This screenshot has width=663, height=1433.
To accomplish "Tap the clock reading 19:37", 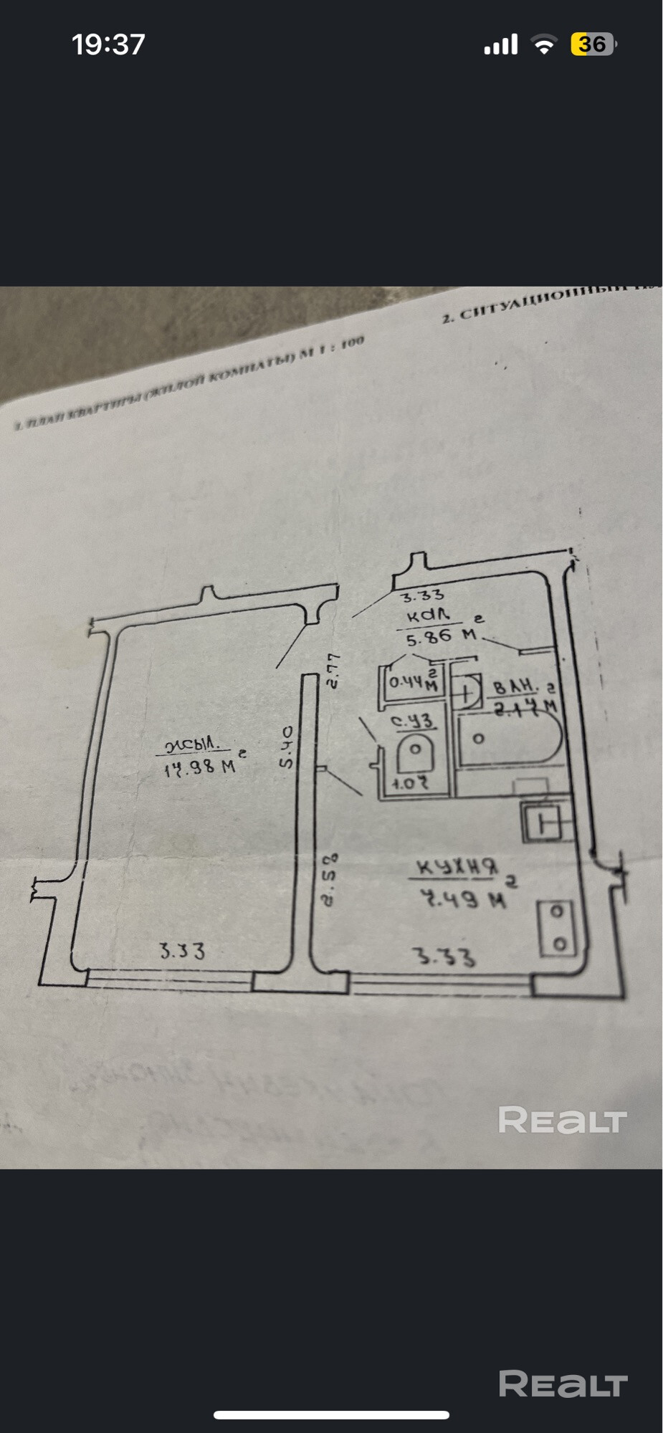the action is coord(108,44).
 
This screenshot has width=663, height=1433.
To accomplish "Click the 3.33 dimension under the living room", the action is coord(182,951).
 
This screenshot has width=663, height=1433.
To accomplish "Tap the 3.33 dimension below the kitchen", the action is coord(444,957).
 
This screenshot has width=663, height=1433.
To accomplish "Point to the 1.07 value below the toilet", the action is coord(410,783).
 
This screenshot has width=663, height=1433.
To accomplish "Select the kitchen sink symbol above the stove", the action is coord(548,822).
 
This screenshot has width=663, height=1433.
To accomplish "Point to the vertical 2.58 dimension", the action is coord(329,879).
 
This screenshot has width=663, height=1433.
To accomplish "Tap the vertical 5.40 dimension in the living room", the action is coord(286,747).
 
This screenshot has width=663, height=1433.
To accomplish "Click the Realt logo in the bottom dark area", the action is coord(563,1384).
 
